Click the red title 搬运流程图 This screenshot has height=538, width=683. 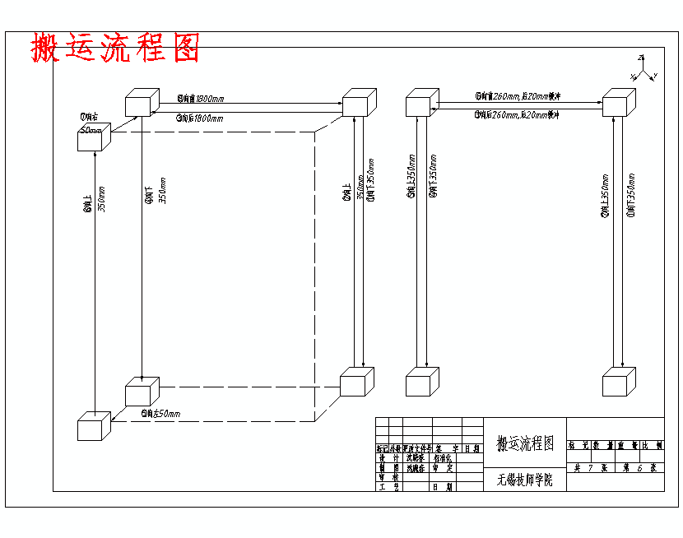click(x=115, y=48)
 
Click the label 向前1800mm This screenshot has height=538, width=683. click(x=200, y=99)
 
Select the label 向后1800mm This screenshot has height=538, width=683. click(x=199, y=118)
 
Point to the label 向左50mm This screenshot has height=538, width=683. click(x=160, y=413)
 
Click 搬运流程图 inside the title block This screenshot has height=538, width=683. click(x=525, y=444)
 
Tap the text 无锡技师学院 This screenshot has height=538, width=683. click(x=525, y=480)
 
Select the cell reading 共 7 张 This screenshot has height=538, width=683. click(x=590, y=467)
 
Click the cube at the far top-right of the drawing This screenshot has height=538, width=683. click(x=619, y=104)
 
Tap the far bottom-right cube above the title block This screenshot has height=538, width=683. click(x=619, y=383)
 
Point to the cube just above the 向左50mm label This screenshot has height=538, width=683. click(x=142, y=391)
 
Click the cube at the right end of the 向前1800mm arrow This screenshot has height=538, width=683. click(x=358, y=104)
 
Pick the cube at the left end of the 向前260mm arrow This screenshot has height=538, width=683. click(x=421, y=104)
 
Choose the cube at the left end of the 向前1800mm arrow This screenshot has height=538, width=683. click(x=142, y=104)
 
